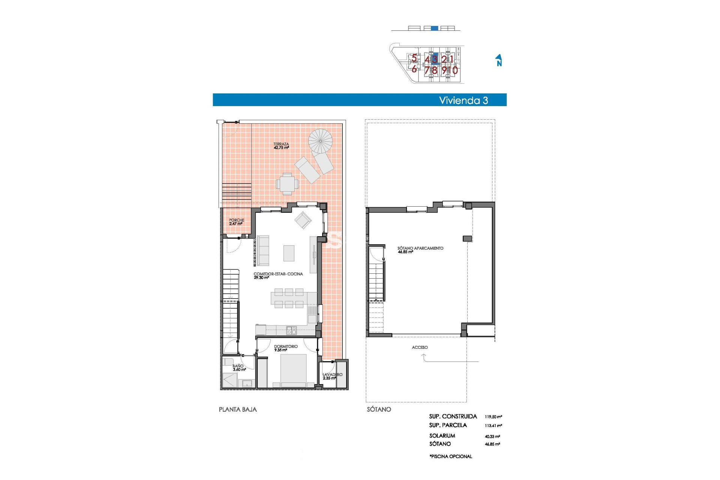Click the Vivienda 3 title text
pyautogui.click(x=463, y=100)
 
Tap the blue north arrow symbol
pyautogui.click(x=499, y=60)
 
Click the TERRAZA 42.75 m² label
pyautogui.click(x=281, y=146)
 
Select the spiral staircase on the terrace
pyautogui.click(x=321, y=141)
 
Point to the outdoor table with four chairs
pyautogui.click(x=287, y=184)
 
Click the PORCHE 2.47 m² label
pyautogui.click(x=236, y=222)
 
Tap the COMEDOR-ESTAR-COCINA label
pyautogui.click(x=278, y=274)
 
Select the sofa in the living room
pyautogui.click(x=263, y=250)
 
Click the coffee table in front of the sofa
pyautogui.click(x=289, y=253)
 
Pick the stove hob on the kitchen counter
pyautogui.click(x=291, y=330)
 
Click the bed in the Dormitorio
pyautogui.click(x=293, y=369)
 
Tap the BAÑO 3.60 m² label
pyautogui.click(x=238, y=367)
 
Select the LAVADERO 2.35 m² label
pyautogui.click(x=332, y=376)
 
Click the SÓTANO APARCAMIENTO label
pyautogui.click(x=420, y=248)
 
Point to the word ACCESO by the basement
pyautogui.click(x=420, y=347)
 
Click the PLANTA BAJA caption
pyautogui.click(x=238, y=409)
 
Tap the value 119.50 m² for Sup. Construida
pyautogui.click(x=493, y=417)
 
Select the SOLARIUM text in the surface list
pyautogui.click(x=442, y=436)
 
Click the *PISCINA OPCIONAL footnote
pyautogui.click(x=451, y=456)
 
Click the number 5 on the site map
pyautogui.click(x=414, y=58)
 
